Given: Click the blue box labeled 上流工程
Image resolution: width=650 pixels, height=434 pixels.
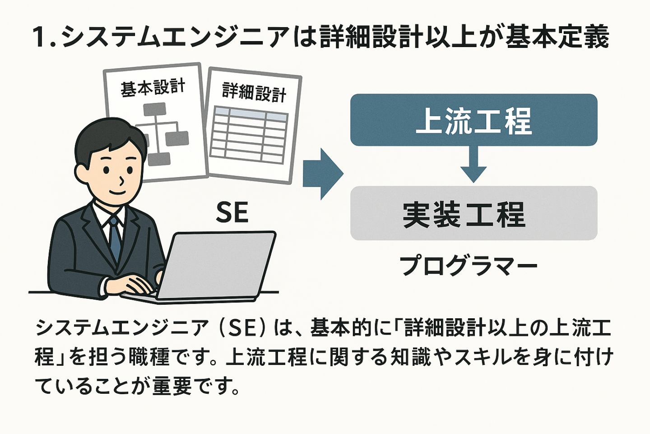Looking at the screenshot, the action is (474, 120).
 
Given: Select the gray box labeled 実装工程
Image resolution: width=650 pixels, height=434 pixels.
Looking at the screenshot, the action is (474, 213).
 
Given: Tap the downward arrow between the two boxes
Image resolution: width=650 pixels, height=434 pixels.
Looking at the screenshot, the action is (474, 164).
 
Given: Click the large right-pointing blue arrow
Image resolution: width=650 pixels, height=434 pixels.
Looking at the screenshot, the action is (323, 174).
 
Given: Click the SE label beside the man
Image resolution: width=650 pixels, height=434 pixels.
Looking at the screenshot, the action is (232, 212).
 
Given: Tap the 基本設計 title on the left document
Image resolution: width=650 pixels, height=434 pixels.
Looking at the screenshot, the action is (153, 87).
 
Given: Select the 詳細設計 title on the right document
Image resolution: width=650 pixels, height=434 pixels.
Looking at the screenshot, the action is (254, 92).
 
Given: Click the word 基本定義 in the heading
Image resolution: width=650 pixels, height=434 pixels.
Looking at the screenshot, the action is (557, 37).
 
